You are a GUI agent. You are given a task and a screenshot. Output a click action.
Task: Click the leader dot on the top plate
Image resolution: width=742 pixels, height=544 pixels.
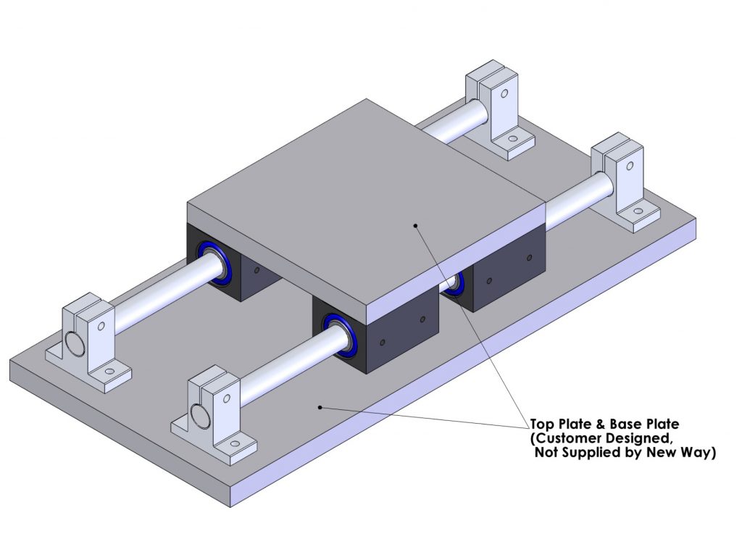(x=415, y=225)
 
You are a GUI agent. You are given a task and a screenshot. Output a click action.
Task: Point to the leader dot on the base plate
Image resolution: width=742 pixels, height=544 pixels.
(x=320, y=408)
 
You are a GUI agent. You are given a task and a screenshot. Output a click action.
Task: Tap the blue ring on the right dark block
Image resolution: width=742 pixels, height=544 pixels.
(x=455, y=283)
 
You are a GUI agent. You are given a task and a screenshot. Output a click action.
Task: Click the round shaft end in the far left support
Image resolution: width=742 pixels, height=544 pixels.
(x=73, y=343)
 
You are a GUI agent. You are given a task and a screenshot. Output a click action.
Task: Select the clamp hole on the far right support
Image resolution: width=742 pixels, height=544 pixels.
(x=629, y=167)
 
